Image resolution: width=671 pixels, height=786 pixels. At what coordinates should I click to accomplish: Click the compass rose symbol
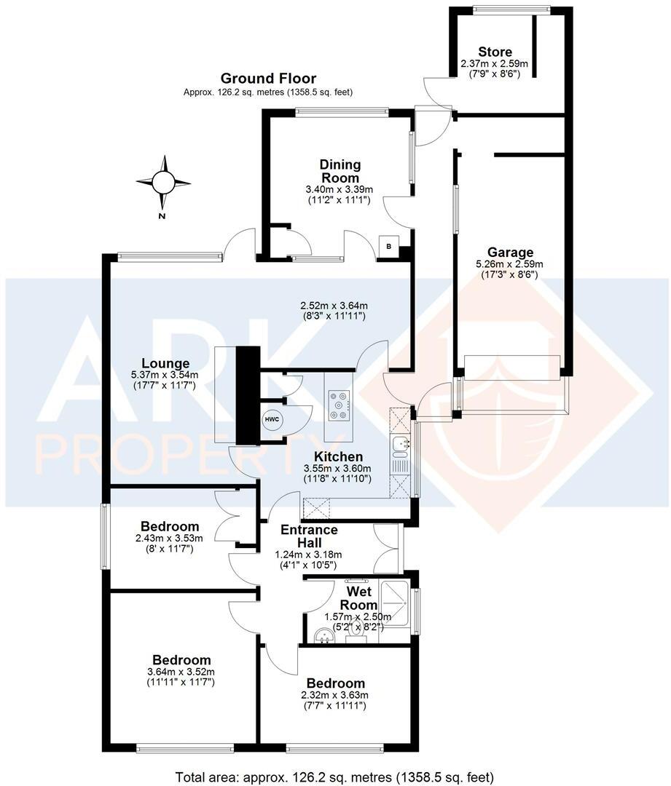pos(163,183)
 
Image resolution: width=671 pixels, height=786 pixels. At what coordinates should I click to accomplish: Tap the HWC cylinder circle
pos(272,420)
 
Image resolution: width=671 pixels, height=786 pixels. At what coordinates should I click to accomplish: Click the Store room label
pos(495,52)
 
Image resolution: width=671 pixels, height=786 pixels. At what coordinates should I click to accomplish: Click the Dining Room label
pos(340,171)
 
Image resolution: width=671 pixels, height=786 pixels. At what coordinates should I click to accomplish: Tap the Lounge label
pos(165,363)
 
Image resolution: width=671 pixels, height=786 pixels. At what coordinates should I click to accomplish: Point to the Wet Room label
pos(361,598)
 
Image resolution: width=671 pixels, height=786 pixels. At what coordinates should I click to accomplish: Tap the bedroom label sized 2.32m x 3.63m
pos(335,683)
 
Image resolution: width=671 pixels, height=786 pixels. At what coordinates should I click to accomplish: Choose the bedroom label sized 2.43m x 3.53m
pos(170,526)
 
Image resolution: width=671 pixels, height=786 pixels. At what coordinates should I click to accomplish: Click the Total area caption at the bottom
pos(334,775)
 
